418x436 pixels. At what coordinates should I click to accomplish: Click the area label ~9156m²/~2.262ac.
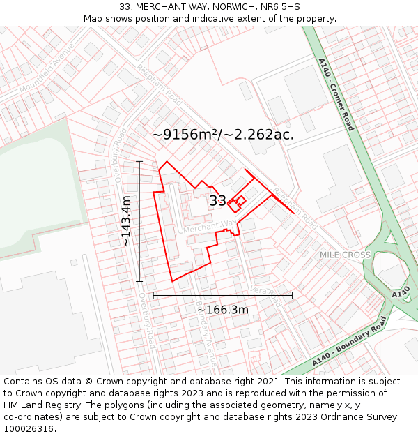click(223, 135)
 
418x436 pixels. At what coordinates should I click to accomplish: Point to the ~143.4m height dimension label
click(125, 221)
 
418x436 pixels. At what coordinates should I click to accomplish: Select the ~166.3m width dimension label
click(223, 309)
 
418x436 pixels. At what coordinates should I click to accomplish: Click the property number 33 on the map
click(217, 201)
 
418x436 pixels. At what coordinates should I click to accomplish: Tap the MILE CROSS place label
click(345, 255)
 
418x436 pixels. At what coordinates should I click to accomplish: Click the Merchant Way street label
click(209, 227)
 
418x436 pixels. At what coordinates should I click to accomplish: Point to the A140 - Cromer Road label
click(336, 94)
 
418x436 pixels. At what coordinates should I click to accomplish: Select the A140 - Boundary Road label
click(348, 343)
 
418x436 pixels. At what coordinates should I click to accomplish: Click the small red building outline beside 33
click(238, 202)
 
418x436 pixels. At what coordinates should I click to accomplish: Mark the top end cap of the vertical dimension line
click(139, 162)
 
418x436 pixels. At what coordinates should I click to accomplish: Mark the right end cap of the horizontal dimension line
click(292, 296)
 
